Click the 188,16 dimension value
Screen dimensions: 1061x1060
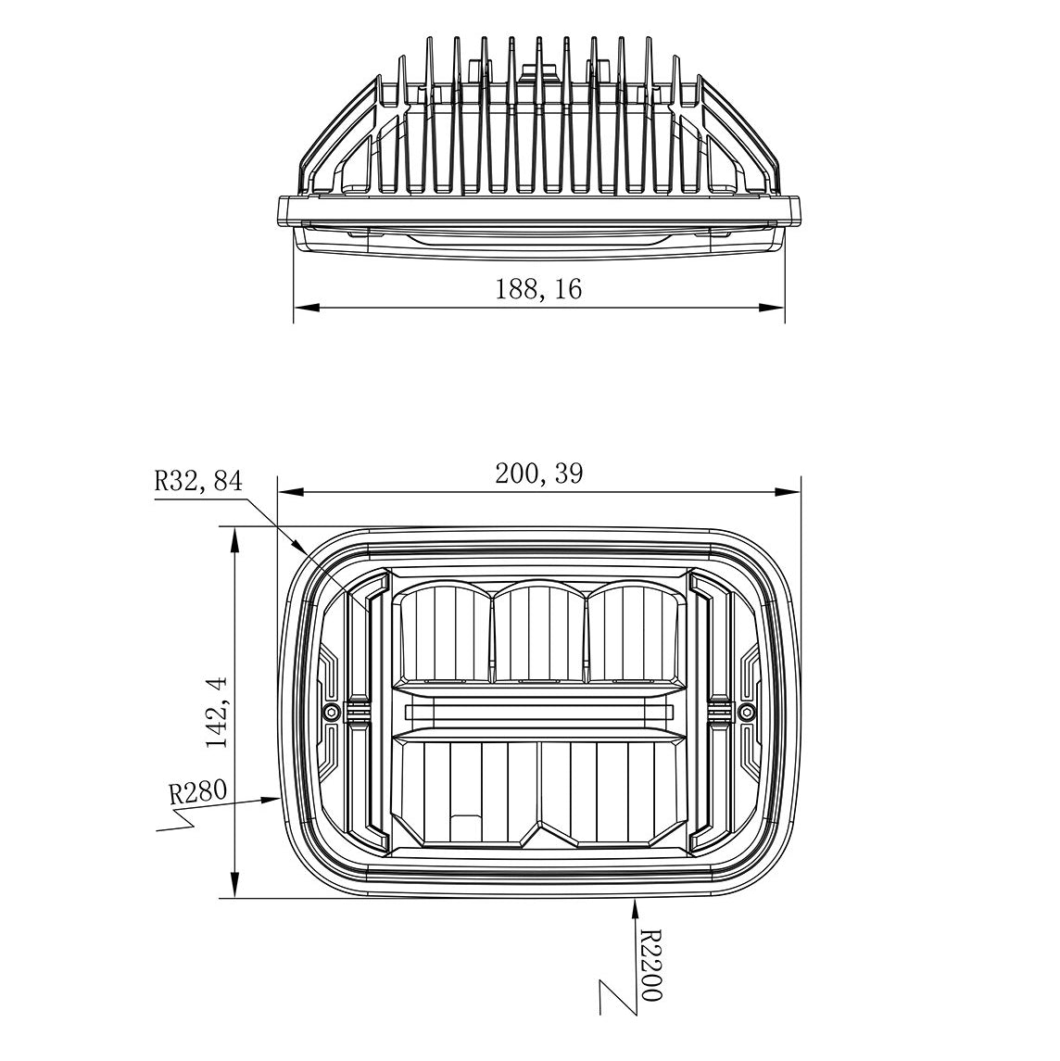point(538,289)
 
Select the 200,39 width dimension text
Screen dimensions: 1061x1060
point(538,474)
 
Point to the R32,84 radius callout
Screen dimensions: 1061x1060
point(197,481)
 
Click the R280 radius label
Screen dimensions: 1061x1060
point(197,792)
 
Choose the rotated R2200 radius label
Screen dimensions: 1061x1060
point(650,966)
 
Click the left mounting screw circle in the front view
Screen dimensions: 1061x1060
point(331,712)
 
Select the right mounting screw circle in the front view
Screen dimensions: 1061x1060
point(747,712)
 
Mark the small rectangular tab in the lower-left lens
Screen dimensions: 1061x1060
point(464,827)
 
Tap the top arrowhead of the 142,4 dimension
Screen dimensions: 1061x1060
point(235,538)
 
